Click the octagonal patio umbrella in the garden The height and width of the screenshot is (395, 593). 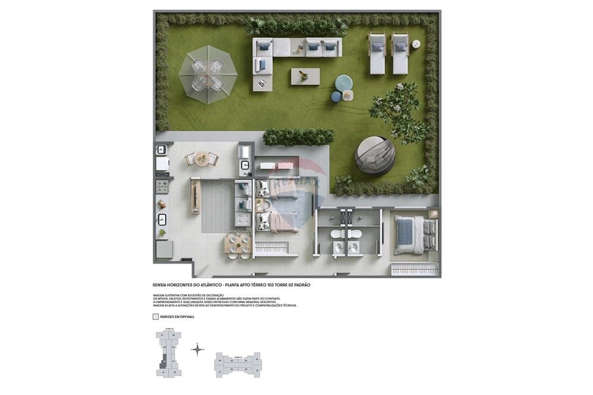[208, 75]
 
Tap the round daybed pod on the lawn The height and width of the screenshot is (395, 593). [375, 156]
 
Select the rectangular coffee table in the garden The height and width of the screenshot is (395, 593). [305, 76]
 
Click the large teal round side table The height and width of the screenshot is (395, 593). [343, 82]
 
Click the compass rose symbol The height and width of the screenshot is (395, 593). [197, 349]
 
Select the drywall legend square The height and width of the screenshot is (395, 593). [155, 317]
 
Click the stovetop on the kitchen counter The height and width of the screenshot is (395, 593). [162, 187]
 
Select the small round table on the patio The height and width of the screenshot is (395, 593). [202, 159]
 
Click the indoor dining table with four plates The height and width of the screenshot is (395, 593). [238, 243]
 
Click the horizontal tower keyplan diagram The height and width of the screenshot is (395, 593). [237, 364]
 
